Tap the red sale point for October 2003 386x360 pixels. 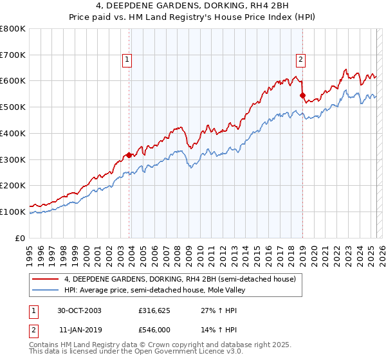[129, 155]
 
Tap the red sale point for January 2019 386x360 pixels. [302, 95]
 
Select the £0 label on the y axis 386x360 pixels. [22, 238]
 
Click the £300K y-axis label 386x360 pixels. [14, 159]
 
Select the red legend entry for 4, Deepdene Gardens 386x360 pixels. [179, 279]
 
